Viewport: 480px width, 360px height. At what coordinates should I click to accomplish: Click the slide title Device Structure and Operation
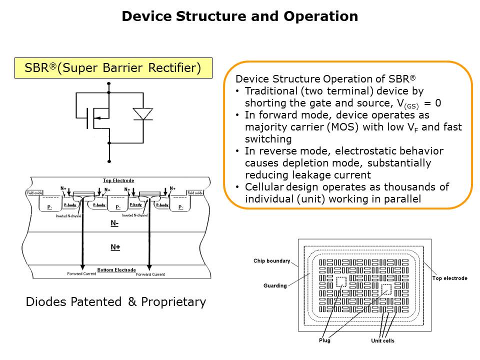pos(239,16)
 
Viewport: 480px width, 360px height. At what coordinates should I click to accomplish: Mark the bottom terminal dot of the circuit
pos(109,161)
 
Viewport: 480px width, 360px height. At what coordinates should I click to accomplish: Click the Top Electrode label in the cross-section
pos(118,180)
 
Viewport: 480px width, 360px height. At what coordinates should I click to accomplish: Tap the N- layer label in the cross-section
pos(114,224)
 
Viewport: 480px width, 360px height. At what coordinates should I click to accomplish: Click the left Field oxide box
pos(33,193)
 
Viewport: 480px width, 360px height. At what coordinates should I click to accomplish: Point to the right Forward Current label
pos(150,274)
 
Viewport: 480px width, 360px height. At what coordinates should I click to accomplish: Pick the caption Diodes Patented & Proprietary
pos(115,302)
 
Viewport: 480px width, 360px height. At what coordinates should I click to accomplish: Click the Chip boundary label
pos(271,261)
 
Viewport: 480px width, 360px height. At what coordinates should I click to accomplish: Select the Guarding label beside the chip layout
pos(275,286)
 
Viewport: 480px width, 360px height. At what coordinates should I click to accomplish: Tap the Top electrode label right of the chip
pos(449,278)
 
